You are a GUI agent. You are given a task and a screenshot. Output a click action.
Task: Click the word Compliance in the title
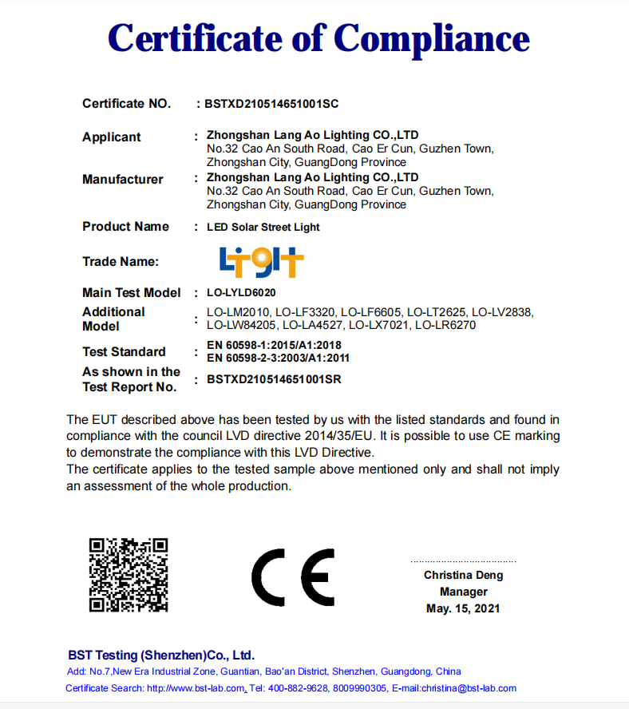431,38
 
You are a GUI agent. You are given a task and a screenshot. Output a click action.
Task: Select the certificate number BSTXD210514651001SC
273,104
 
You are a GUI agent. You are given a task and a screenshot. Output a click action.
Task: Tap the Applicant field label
112,137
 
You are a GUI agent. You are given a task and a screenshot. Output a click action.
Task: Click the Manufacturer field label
122,180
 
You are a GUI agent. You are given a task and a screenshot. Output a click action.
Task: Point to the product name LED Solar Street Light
263,228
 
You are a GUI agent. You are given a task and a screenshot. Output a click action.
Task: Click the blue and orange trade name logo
261,261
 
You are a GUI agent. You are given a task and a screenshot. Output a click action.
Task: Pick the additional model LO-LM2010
238,312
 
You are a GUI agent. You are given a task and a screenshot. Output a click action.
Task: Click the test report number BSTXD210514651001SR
273,380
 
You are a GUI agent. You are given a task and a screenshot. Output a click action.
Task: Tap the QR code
129,575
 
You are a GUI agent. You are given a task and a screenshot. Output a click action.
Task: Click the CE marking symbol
293,576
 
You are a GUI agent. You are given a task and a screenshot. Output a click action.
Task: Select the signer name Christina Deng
463,575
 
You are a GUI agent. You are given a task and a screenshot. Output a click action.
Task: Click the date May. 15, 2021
463,608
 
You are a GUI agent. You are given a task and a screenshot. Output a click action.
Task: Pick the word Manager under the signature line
463,592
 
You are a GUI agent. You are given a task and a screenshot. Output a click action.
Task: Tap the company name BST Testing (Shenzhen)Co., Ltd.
160,655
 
